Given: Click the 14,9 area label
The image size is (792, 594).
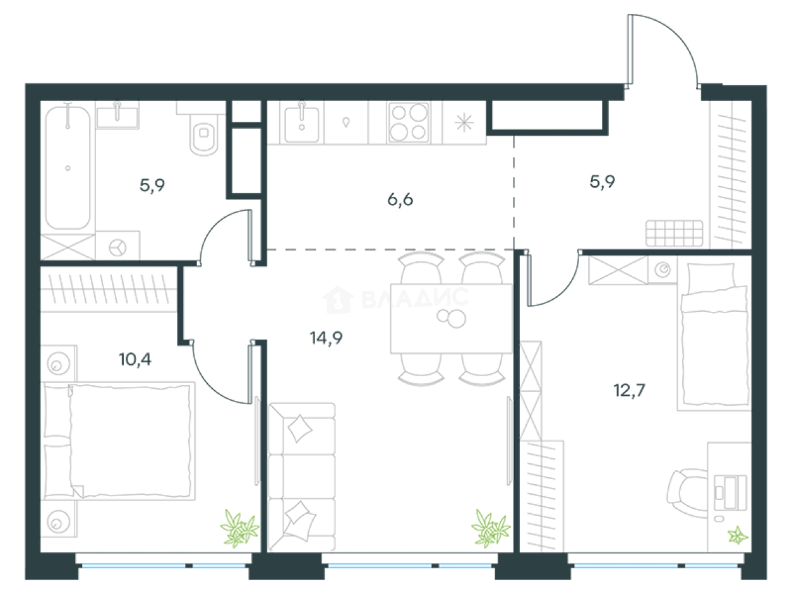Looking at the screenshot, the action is pyautogui.click(x=326, y=338).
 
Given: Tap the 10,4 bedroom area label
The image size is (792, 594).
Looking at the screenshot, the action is pyautogui.click(x=135, y=359).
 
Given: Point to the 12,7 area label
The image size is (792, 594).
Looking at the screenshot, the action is pyautogui.click(x=630, y=390).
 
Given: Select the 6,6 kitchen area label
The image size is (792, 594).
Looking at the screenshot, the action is pyautogui.click(x=400, y=199).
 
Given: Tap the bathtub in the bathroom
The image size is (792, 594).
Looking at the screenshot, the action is pyautogui.click(x=68, y=167).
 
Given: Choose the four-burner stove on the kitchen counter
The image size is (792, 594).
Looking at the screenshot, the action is pyautogui.click(x=409, y=122).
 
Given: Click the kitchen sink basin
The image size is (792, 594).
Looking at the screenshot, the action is pyautogui.click(x=302, y=124).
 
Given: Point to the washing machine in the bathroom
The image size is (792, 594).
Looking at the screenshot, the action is pyautogui.click(x=117, y=246).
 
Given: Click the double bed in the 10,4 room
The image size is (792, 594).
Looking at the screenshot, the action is pyautogui.click(x=119, y=441).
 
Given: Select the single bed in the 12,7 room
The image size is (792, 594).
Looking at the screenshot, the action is pyautogui.click(x=714, y=336).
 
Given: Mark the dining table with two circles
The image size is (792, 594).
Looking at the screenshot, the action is pyautogui.click(x=452, y=318).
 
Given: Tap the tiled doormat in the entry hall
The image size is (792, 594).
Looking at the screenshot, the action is pyautogui.click(x=675, y=233).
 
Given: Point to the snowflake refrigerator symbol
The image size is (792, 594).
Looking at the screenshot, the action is pyautogui.click(x=464, y=122).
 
